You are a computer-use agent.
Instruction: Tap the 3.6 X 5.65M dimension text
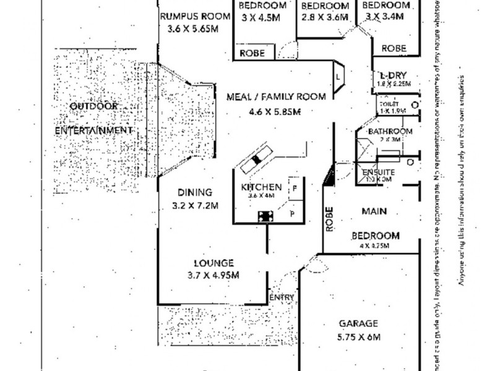tap(192, 28)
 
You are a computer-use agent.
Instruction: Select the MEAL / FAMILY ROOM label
tap(275, 97)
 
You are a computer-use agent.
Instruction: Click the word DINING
tap(195, 192)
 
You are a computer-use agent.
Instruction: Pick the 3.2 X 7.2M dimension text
tap(195, 205)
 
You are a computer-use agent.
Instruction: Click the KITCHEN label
tap(261, 187)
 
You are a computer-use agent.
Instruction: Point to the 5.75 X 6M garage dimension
tap(359, 338)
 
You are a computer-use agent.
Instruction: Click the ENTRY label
tap(282, 298)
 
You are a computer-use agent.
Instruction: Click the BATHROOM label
tap(390, 132)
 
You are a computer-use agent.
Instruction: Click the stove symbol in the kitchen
tap(267, 216)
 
